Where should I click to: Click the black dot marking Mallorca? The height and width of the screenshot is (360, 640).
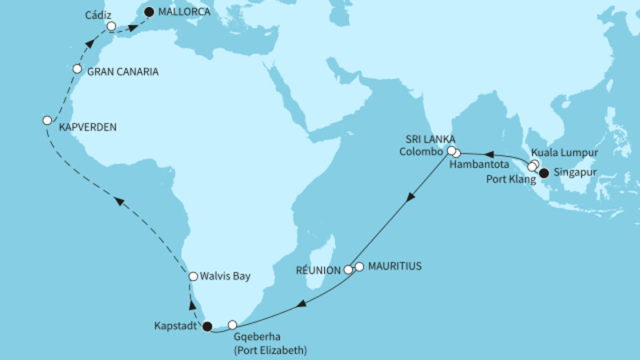click(148, 13)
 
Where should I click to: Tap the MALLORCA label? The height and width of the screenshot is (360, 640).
click(186, 13)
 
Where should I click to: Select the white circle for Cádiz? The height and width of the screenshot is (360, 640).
click(111, 26)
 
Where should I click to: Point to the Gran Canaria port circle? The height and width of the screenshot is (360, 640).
click(78, 69)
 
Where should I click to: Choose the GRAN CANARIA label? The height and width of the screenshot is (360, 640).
click(122, 71)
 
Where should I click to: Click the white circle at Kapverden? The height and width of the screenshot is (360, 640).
click(46, 120)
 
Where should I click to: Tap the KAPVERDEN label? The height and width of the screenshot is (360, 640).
click(86, 126)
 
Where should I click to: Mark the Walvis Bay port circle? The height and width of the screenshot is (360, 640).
click(192, 276)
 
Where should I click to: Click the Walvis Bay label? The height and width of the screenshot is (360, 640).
click(227, 277)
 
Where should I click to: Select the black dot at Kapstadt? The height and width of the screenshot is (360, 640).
click(208, 326)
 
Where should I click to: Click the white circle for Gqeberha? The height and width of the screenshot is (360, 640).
click(233, 325)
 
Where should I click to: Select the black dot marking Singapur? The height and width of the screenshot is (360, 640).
click(544, 173)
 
